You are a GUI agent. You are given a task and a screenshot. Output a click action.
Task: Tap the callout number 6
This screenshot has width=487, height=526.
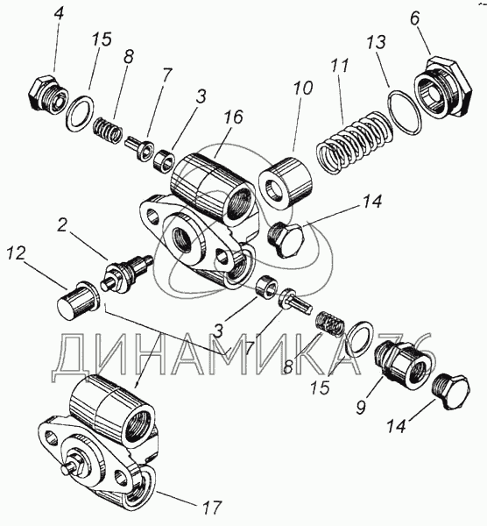[414, 18]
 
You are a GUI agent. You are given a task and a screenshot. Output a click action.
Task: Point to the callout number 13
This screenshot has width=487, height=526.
[377, 43]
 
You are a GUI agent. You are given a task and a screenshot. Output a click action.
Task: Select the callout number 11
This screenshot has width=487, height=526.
[341, 66]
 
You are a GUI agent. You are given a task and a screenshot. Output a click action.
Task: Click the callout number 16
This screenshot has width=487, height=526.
[234, 118]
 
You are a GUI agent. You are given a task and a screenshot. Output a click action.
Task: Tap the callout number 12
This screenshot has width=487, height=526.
[16, 254]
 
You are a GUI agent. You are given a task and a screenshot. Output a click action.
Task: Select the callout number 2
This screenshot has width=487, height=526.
[62, 225]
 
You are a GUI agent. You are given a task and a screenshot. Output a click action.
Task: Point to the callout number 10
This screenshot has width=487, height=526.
[303, 88]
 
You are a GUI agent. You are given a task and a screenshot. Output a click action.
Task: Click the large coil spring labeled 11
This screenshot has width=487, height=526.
[356, 143]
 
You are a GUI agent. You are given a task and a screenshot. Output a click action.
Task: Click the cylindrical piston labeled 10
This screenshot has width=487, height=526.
[286, 183]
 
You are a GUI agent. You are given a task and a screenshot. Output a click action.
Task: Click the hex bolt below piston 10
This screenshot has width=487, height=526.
[286, 240]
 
